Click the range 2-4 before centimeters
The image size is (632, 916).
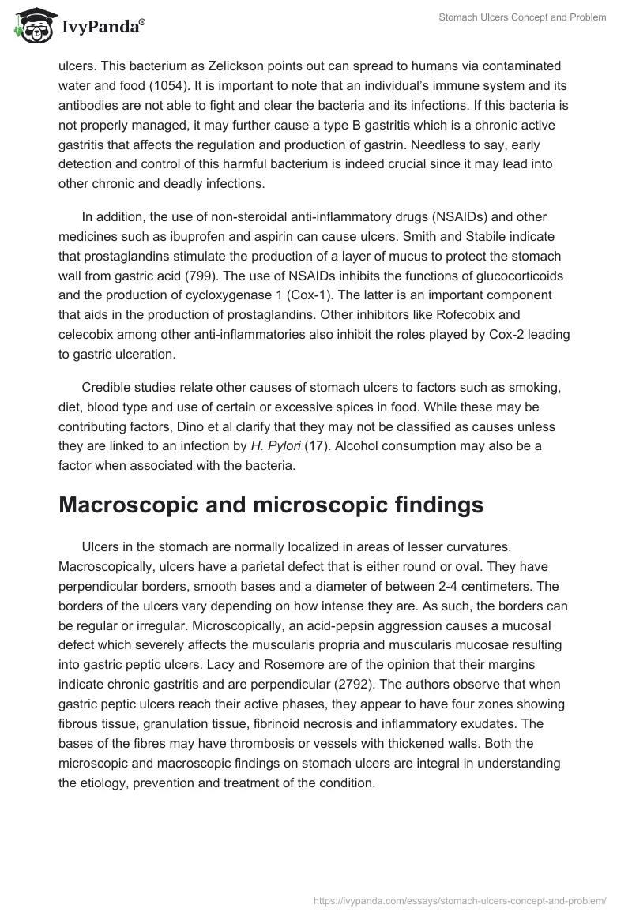tap(452, 586)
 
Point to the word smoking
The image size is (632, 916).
tap(533, 387)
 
